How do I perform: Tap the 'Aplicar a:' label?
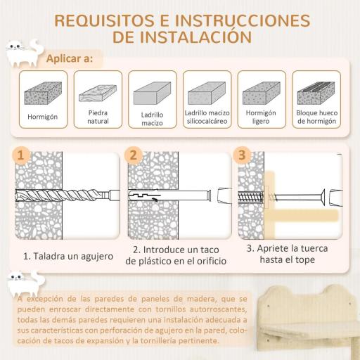[69, 58]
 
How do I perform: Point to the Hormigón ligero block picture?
[261, 92]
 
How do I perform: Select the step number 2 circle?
[132, 155]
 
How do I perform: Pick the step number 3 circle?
[243, 155]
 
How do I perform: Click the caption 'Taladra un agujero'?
[67, 256]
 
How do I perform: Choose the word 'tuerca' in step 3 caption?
[314, 248]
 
